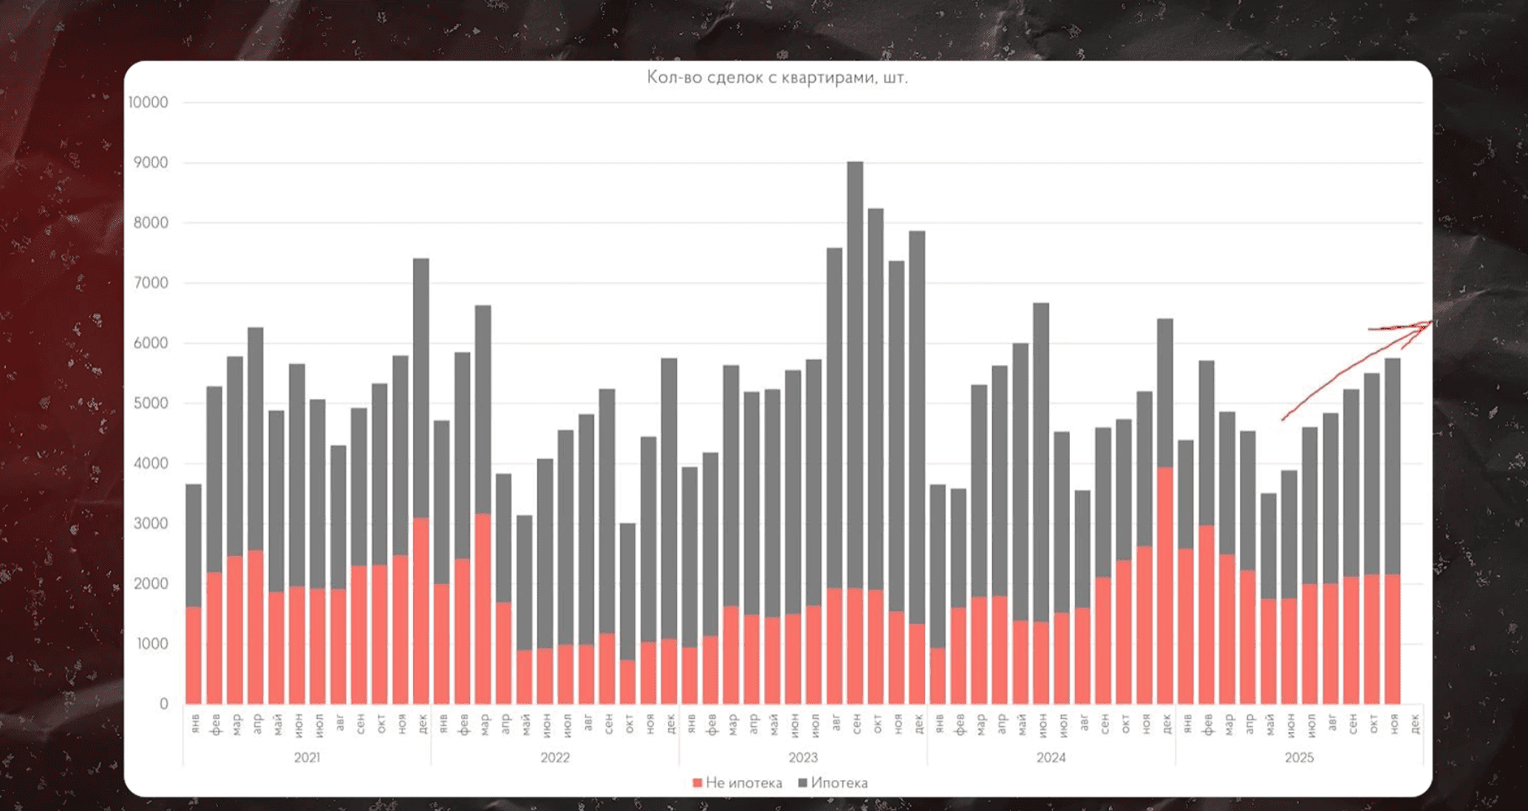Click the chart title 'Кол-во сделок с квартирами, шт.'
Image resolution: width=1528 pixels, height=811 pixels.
777,78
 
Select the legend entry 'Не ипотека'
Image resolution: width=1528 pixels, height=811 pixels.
737,783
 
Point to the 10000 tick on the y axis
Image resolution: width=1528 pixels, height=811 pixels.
149,103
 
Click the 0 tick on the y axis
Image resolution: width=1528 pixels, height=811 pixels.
163,704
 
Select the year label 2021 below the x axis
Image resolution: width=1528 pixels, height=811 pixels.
307,758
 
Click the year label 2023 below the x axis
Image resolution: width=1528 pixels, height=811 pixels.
803,758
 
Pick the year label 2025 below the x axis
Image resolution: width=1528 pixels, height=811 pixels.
1299,758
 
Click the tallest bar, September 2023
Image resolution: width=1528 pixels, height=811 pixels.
855,369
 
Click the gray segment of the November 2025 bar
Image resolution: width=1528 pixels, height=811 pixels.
1392,465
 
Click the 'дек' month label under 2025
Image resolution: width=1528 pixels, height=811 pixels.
1414,724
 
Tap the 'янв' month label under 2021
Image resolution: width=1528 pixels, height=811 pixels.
195,724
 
